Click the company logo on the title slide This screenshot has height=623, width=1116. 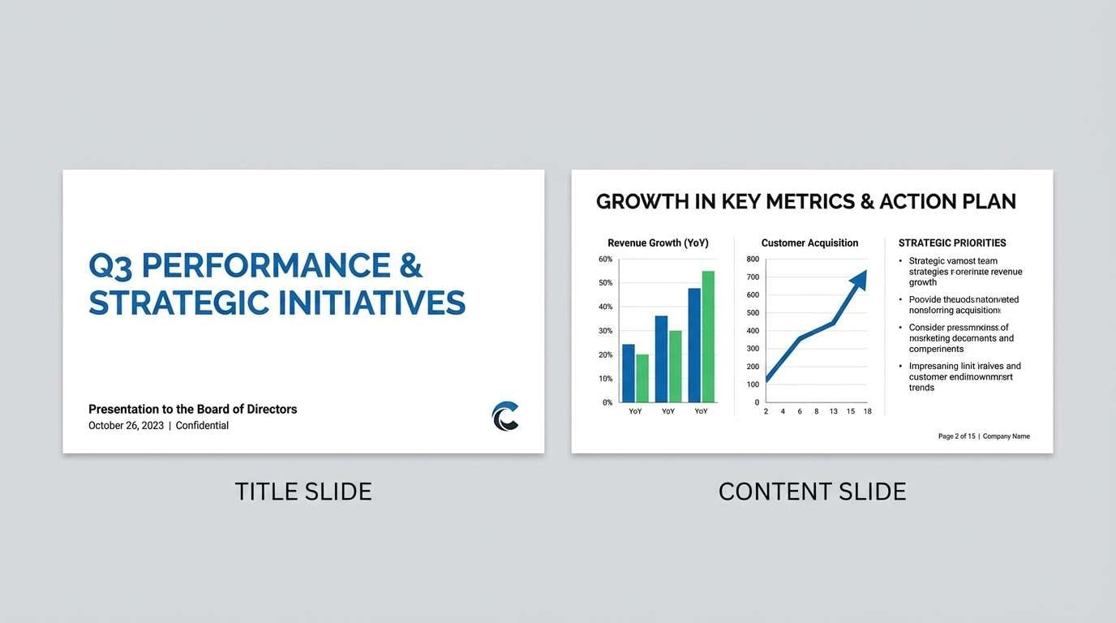505,416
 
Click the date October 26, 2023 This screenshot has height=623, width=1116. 126,426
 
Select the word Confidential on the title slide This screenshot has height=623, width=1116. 202,426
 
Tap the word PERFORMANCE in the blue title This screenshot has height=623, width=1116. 256,266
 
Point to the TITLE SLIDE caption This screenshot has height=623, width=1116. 303,492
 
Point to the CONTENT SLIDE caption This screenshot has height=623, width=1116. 812,492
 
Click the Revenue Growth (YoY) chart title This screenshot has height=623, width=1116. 658,243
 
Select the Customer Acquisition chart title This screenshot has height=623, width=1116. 809,243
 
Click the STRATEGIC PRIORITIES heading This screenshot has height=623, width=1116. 952,243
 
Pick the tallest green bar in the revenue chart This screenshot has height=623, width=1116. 708,337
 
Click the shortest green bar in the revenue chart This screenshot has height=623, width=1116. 642,378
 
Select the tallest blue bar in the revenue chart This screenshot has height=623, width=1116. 694,345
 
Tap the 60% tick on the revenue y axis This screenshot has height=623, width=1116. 605,260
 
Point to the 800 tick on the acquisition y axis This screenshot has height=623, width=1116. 753,260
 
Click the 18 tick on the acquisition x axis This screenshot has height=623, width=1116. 867,411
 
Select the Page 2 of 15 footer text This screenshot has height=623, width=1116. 956,436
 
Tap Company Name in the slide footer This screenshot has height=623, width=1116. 1006,436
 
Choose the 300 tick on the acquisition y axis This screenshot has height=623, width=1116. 753,349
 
